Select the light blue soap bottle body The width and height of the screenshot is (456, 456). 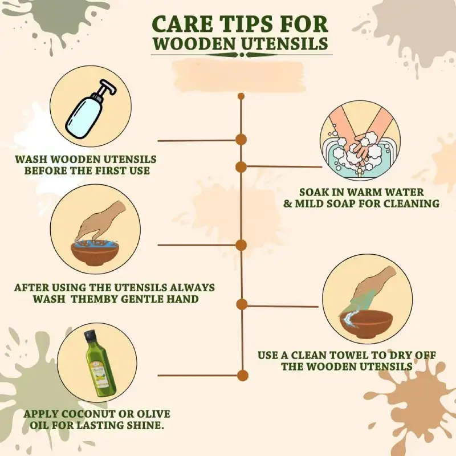(x=84, y=116)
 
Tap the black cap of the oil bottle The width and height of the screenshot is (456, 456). (x=89, y=336)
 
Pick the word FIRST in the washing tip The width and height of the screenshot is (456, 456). (x=109, y=170)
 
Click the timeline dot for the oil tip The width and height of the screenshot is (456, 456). (x=242, y=376)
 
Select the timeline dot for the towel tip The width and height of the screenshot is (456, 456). (x=242, y=304)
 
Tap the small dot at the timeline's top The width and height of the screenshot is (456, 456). (x=241, y=96)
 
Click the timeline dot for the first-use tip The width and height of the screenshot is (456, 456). (x=241, y=140)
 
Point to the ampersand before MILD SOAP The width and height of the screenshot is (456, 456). (x=288, y=203)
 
